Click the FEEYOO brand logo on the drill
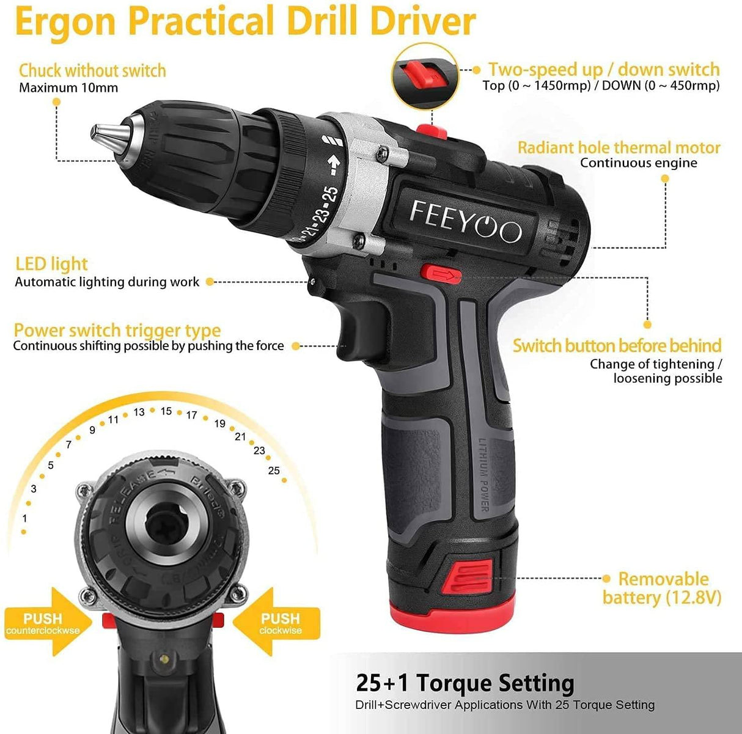click(465, 222)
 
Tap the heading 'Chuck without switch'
click(92, 70)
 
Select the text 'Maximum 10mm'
click(68, 88)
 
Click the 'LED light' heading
click(51, 264)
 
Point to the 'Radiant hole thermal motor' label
click(619, 147)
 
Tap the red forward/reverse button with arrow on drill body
click(441, 274)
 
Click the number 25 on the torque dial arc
click(274, 470)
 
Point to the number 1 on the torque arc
click(25, 518)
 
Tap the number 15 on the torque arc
click(166, 411)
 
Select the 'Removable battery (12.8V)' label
click(662, 589)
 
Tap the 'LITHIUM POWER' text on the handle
click(483, 475)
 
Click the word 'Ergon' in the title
click(65, 22)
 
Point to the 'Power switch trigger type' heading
click(117, 330)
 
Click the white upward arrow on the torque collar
click(334, 164)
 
